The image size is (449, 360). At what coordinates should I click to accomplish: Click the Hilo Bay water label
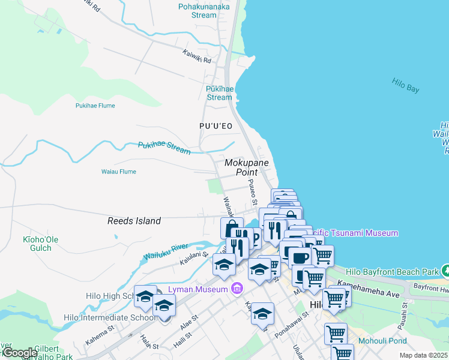[405, 85]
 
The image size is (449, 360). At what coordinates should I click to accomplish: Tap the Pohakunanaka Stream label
[197, 11]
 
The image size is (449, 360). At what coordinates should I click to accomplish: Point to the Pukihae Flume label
[95, 106]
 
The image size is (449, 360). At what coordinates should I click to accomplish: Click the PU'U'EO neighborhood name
[215, 126]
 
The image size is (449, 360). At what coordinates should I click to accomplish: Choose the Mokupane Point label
[246, 167]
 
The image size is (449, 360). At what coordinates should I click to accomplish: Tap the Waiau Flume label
[118, 172]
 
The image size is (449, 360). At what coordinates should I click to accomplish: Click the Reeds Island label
[134, 221]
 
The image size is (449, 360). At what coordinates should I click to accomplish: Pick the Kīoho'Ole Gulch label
[37, 244]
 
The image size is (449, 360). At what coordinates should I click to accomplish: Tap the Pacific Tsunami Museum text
[360, 233]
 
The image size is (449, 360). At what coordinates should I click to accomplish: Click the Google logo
[19, 353]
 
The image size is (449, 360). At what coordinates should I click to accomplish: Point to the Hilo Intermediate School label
[119, 317]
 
